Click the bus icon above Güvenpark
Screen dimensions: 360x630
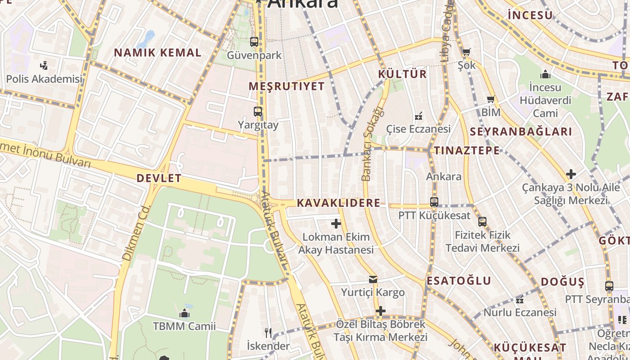[x=254, y=42]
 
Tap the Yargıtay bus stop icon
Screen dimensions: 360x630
[x=258, y=112]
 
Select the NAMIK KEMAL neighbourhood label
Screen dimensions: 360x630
[x=157, y=53]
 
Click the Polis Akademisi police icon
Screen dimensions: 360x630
[x=44, y=66]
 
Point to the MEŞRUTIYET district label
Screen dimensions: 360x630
[x=287, y=86]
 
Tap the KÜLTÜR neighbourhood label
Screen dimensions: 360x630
[x=402, y=74]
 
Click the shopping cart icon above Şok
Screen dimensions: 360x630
[x=466, y=52]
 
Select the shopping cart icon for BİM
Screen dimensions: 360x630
[x=490, y=99]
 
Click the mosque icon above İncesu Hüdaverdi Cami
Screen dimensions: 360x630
[x=545, y=74]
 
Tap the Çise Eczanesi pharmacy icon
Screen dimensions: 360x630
[x=418, y=116]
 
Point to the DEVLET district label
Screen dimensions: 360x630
[x=159, y=178]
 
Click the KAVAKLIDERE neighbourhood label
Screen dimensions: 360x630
[x=338, y=203]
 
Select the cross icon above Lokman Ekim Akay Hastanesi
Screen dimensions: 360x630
[x=336, y=224]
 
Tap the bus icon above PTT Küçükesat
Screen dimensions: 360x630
[x=434, y=202]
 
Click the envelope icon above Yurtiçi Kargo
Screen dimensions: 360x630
[x=373, y=279]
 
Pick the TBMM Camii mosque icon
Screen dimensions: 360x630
[x=184, y=313]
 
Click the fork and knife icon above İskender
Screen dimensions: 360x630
[x=268, y=333]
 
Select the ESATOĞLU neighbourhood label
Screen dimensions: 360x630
[x=459, y=281]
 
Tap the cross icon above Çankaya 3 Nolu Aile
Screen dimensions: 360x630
[x=571, y=174]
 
